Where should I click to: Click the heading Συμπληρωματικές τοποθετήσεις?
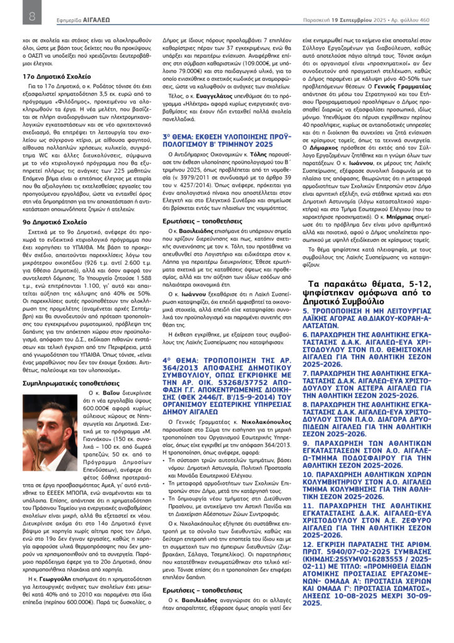point(67,382)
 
